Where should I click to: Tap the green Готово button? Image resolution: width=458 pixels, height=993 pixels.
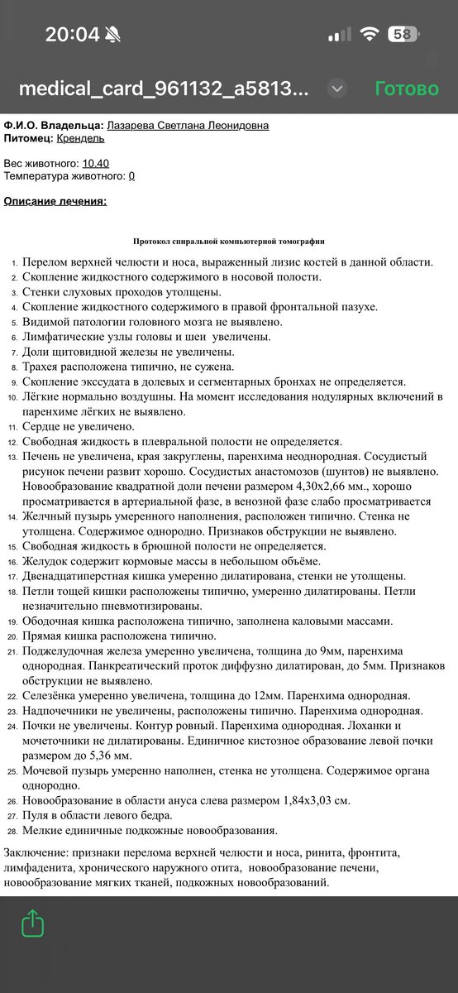click(x=407, y=89)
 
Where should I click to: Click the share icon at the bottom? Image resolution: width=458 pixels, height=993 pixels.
click(x=33, y=923)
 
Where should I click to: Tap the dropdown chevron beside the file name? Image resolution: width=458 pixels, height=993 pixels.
click(x=336, y=89)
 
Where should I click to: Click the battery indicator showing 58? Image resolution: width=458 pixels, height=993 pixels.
click(x=402, y=35)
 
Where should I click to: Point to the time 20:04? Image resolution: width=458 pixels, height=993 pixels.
click(x=72, y=35)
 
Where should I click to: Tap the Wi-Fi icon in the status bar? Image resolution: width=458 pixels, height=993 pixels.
click(x=370, y=35)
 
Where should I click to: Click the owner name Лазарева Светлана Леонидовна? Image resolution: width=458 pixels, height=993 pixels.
click(x=188, y=125)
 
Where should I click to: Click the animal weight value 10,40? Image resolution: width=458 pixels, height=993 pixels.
click(x=96, y=163)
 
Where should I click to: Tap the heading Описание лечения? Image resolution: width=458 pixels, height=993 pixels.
click(x=55, y=201)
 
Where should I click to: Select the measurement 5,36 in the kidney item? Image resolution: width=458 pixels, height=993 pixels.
click(x=91, y=756)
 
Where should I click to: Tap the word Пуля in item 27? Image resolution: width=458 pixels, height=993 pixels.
click(x=37, y=815)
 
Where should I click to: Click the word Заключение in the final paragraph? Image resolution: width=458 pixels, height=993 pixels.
click(x=37, y=852)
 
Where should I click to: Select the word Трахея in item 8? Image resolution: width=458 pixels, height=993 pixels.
click(x=43, y=367)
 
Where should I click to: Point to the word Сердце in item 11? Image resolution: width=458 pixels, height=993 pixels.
click(x=43, y=427)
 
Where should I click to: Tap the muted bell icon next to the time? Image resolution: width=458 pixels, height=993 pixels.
click(x=112, y=35)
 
